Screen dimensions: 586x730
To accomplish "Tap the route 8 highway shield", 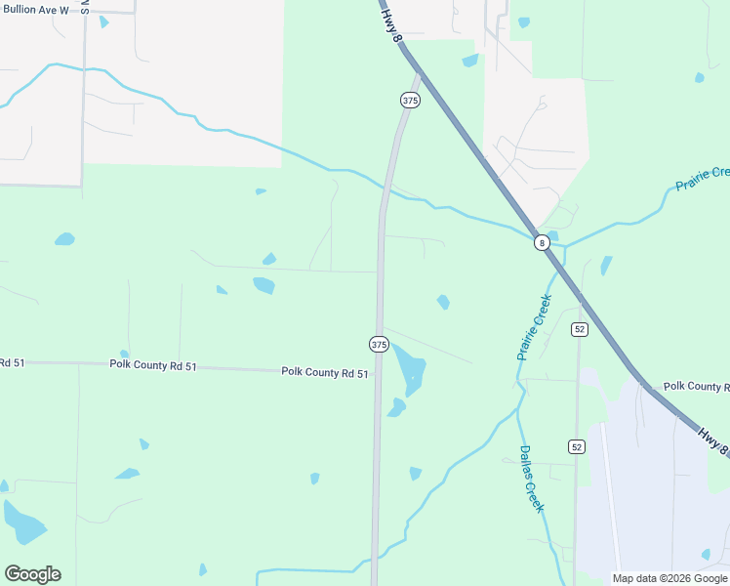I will coord(542,243).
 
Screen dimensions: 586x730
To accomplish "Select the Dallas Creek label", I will coord(532,479).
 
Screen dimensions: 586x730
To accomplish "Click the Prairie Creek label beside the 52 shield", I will coord(535,327).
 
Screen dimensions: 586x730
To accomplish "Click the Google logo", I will coord(32,574).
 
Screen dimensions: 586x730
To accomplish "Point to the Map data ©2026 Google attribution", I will coord(669,578).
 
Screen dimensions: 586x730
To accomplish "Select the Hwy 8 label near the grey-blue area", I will coord(713,438).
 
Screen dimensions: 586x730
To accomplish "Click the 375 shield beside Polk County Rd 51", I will coord(379,345).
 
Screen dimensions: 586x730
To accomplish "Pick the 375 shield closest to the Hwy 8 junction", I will coord(410,101).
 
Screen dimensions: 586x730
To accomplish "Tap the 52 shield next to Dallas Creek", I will coord(577,446).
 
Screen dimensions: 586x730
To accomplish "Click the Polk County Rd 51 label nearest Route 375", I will coord(325,372).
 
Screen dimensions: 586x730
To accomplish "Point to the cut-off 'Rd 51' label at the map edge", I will coord(12,362).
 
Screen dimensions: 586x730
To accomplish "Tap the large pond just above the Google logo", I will coord(24,523).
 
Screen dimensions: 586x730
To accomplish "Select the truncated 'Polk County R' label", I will coord(696,387).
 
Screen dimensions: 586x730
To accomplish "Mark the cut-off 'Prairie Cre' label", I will coord(703,179).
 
